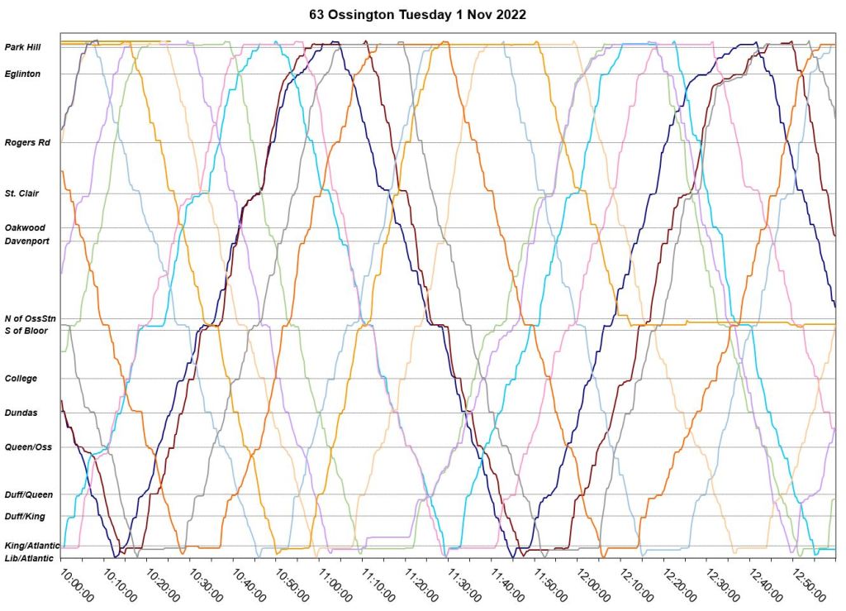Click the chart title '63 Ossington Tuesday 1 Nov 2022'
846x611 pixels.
(x=422, y=15)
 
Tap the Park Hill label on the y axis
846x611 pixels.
(x=22, y=47)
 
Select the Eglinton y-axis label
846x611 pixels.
(x=22, y=74)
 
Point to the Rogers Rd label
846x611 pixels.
(x=27, y=142)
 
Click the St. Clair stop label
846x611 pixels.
(x=23, y=193)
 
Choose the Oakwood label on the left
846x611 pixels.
(x=25, y=227)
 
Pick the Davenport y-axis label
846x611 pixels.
(x=27, y=241)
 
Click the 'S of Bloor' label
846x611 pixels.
(x=26, y=331)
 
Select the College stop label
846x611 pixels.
(x=21, y=379)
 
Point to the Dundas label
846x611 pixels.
(x=21, y=413)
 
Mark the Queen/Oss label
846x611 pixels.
(x=28, y=447)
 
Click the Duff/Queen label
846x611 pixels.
(x=29, y=494)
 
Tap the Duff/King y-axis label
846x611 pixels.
(x=26, y=517)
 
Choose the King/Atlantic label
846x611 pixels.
(x=31, y=546)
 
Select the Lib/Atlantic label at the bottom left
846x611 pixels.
(x=30, y=558)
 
